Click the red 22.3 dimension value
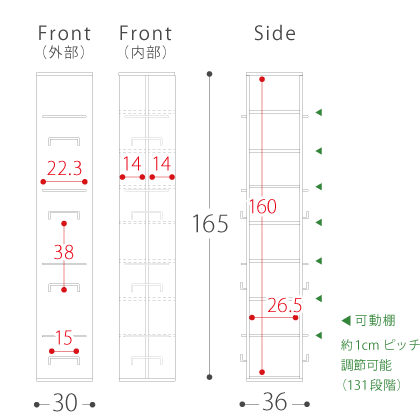pos(64,168)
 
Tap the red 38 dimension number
pos(64,252)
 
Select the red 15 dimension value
pos(64,338)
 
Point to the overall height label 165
pos(210,223)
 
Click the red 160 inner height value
pos(263,206)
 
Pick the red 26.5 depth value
pos(284,305)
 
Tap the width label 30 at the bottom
pos(65,403)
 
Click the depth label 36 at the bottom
pos(275,402)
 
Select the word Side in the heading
pos(275,33)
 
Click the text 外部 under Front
pos(64,52)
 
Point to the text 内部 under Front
pos(146,52)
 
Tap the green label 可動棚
pos(375,321)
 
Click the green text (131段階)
pos(371,385)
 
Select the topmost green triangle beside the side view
pos(319,112)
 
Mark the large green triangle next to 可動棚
pos(346,321)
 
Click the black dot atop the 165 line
pos(209,74)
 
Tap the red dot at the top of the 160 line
pos(262,79)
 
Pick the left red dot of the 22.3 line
pos(43,182)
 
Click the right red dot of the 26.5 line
pos(295,318)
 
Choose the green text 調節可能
pos(366,365)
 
